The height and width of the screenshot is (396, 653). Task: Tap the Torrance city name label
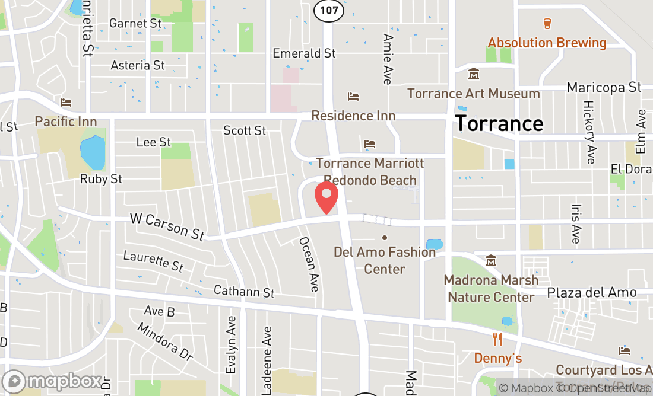point(499,123)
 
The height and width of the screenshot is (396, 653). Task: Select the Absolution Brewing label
point(547,43)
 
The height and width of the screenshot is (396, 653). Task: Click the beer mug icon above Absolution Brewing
point(547,23)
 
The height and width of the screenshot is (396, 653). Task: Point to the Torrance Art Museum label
point(474,94)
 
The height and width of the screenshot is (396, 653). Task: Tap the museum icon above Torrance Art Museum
point(474,75)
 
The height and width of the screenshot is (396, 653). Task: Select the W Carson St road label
point(167,227)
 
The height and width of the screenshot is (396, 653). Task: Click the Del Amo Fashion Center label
point(385,260)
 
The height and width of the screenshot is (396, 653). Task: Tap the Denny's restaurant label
point(497,358)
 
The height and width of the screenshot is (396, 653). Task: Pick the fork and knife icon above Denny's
point(497,340)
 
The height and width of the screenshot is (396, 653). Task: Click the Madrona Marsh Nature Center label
point(491,288)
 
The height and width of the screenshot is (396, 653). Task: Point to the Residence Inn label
point(353,115)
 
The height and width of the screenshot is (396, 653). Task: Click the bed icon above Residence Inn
point(353,96)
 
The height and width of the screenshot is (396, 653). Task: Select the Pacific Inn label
point(66,122)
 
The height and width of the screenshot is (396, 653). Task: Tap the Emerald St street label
point(304,53)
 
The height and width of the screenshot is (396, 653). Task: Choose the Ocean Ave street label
point(309,264)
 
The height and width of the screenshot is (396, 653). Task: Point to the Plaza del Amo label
point(591,292)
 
